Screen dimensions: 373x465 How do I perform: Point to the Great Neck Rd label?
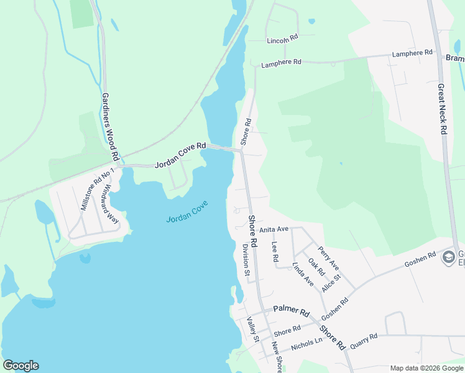point(443,109)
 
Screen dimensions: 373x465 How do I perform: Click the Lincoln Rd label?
point(283,40)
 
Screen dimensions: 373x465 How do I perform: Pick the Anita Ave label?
point(274,229)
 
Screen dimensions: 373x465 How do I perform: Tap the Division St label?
point(246,259)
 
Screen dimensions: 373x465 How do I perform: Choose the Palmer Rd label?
point(291,310)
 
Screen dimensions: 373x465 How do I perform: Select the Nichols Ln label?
point(306,343)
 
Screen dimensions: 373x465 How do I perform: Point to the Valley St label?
point(252,329)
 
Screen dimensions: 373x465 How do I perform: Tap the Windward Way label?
point(111,203)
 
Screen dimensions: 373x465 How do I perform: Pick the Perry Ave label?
point(328,254)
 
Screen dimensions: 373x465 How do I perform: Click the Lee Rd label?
point(275,251)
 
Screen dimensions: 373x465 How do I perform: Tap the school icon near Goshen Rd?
point(448,257)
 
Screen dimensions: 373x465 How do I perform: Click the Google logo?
point(21,366)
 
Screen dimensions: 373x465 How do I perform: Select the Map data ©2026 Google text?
point(426,368)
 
